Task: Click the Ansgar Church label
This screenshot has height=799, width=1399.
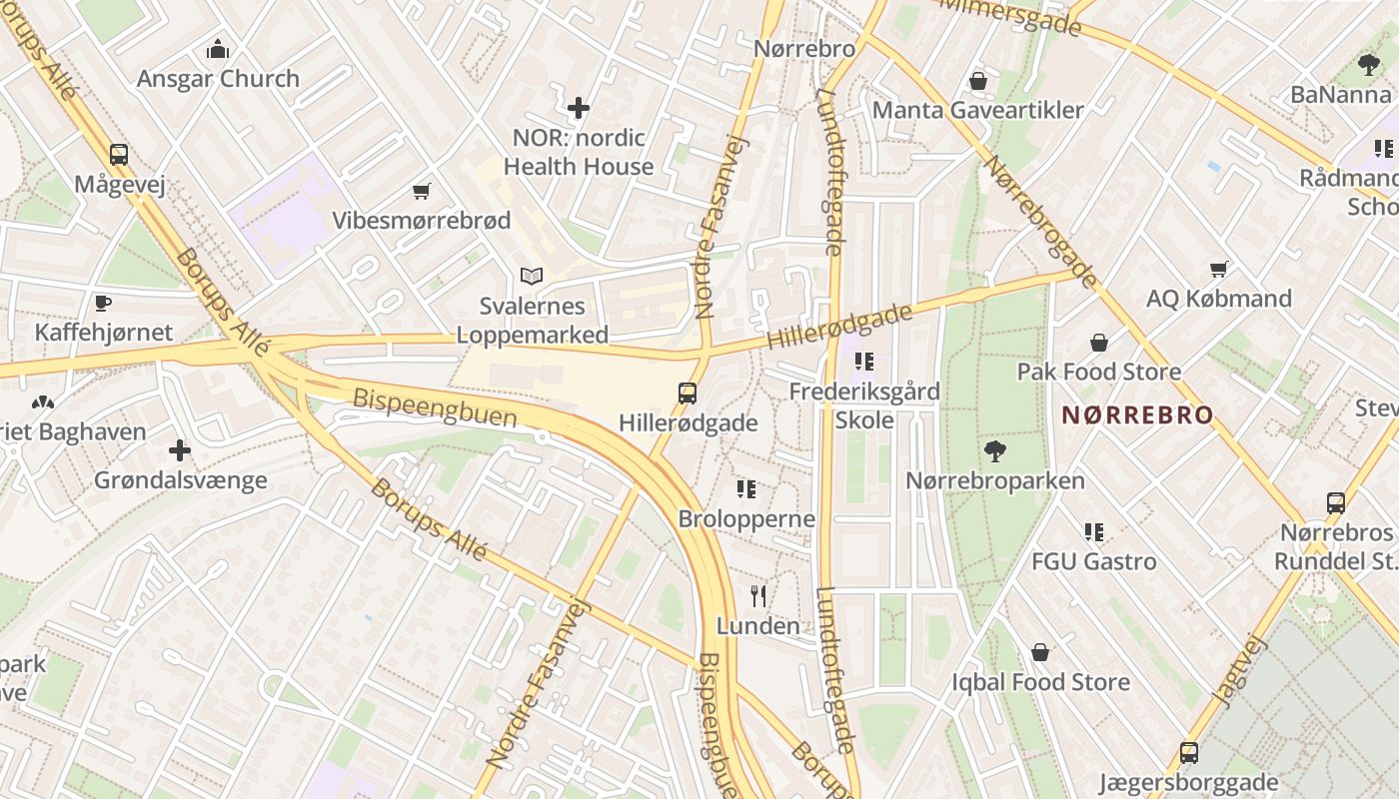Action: [218, 79]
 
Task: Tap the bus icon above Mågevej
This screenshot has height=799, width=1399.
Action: [119, 155]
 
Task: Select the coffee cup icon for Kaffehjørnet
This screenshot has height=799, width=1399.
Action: [102, 303]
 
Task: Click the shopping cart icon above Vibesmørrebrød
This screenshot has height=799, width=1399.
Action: [422, 191]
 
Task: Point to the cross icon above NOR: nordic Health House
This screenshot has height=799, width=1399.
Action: [578, 108]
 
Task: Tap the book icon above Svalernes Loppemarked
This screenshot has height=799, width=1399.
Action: [532, 277]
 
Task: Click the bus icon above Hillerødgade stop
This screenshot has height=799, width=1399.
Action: [688, 393]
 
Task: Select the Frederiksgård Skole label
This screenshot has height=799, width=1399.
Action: [864, 405]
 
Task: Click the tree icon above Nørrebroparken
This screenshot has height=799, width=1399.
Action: [994, 451]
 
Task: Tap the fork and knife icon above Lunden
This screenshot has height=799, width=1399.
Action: [758, 596]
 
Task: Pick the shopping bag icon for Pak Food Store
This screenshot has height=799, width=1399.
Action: [1099, 343]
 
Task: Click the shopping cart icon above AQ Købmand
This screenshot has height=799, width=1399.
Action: [1218, 269]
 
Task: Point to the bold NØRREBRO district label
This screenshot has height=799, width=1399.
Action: [1137, 414]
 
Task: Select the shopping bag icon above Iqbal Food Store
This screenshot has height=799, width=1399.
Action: [1040, 653]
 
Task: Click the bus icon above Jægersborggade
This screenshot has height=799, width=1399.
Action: [1188, 752]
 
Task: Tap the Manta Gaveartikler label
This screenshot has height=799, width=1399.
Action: [978, 110]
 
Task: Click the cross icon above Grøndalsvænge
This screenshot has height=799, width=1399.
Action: [180, 450]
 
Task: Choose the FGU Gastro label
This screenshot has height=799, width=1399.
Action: [1094, 561]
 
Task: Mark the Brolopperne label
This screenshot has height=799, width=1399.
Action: [746, 518]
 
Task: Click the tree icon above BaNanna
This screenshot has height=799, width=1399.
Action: [1368, 66]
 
